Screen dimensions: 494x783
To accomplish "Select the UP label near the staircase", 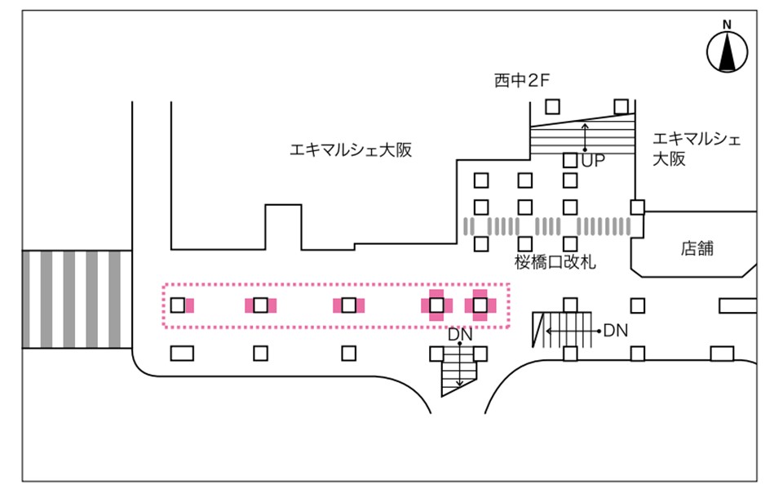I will (x=593, y=162).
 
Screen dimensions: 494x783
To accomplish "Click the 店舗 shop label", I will (x=697, y=248).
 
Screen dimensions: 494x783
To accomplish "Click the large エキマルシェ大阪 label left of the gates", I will (x=351, y=150).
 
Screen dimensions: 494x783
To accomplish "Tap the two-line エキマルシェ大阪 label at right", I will (x=697, y=148).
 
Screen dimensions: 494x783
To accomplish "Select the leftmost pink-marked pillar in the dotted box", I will (x=179, y=305).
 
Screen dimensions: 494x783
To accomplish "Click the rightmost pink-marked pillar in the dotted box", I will (x=480, y=305).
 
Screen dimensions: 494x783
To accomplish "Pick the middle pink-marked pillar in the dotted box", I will (x=348, y=305).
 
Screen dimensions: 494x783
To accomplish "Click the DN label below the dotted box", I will (x=459, y=335).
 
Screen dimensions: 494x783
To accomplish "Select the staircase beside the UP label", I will (x=582, y=136).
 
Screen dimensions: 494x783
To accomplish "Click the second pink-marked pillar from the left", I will (x=260, y=305).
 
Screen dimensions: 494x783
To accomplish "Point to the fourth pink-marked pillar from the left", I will (x=436, y=305).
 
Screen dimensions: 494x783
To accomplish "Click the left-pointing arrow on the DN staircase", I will (x=563, y=330).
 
